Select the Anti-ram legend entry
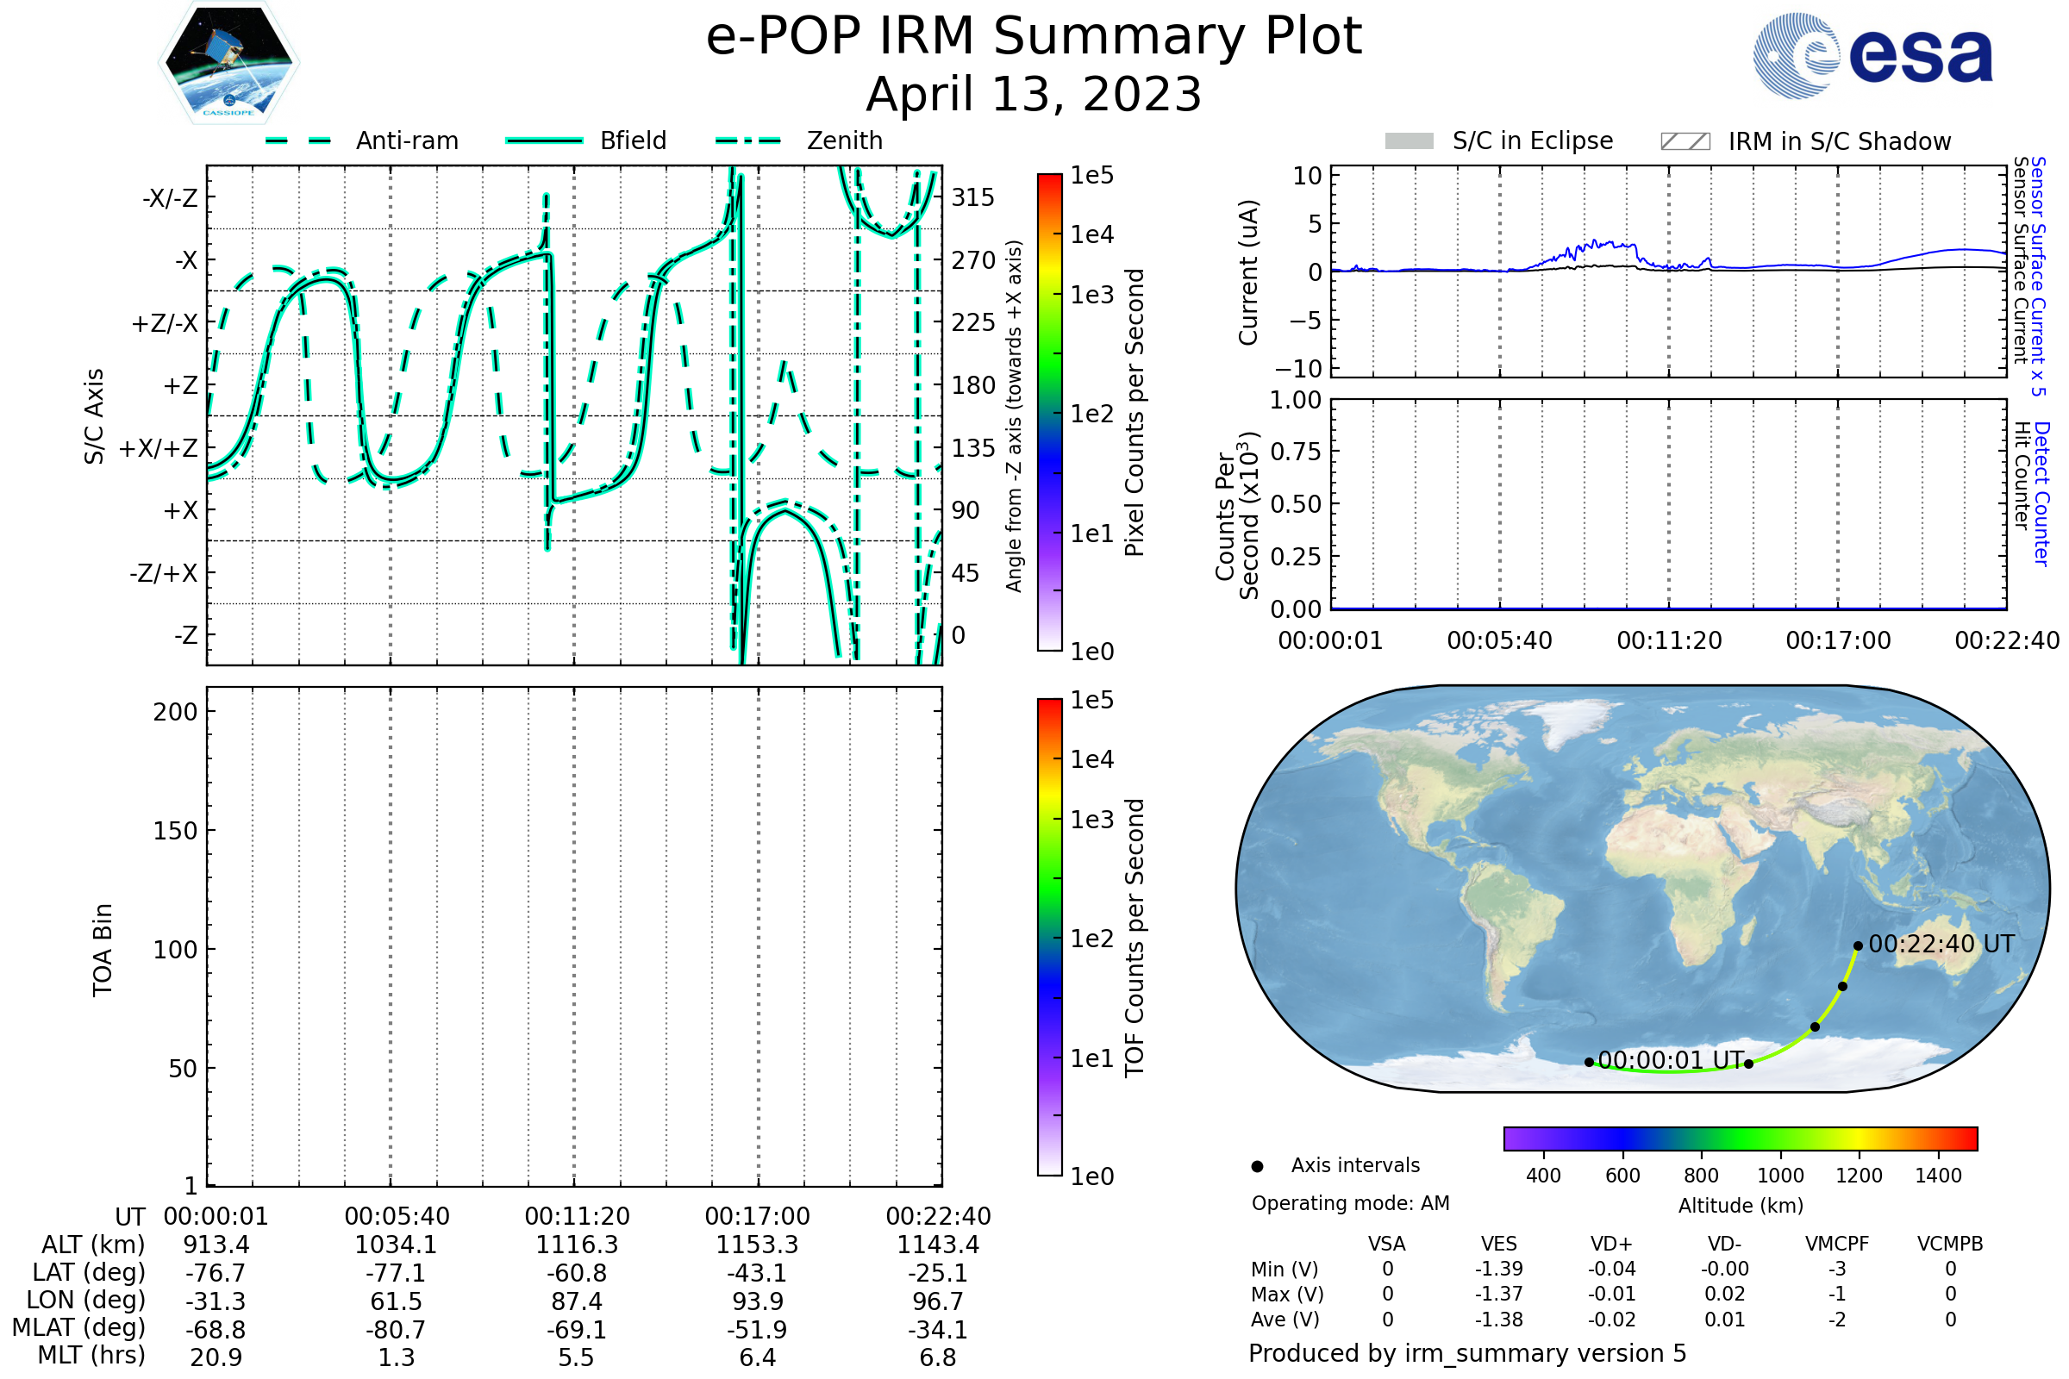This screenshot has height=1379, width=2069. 406,140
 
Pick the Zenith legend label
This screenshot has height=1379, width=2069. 845,140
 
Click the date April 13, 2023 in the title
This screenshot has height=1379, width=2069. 1034,94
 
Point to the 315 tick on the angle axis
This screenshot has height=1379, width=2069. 972,197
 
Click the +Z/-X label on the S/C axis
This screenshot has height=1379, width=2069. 165,322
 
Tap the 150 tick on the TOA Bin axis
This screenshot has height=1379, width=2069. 175,831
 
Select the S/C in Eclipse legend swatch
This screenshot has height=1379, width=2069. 1409,140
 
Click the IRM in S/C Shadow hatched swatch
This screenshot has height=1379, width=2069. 1685,141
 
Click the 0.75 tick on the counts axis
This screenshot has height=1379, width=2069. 1296,451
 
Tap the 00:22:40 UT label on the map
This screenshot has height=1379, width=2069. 1941,944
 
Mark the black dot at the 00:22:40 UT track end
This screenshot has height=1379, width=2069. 1858,946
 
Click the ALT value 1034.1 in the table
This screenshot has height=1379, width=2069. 396,1245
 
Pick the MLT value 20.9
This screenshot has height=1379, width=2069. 216,1357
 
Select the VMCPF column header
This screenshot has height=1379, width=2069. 1837,1244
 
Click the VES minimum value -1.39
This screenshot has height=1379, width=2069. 1499,1269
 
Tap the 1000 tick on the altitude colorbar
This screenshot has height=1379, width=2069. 1780,1175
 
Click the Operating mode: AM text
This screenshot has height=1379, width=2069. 1350,1203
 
